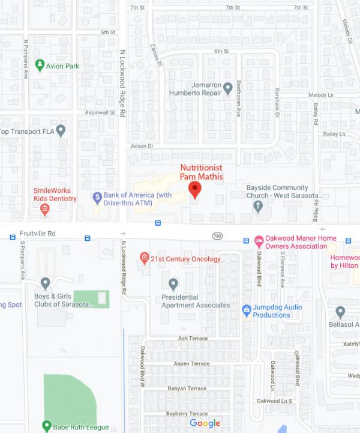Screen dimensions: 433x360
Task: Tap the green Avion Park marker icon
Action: click(40, 65)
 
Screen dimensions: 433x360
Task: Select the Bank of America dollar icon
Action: click(97, 196)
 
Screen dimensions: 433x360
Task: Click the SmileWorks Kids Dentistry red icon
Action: click(44, 209)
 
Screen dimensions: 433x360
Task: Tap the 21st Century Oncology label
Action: click(185, 259)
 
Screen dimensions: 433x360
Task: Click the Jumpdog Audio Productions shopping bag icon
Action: click(246, 310)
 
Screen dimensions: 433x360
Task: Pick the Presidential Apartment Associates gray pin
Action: click(173, 283)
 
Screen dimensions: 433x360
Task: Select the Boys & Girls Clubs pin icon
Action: click(45, 283)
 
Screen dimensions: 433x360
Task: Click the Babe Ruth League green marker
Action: click(46, 426)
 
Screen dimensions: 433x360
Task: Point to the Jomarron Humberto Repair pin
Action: click(227, 89)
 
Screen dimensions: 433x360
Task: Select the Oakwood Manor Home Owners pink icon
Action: click(259, 241)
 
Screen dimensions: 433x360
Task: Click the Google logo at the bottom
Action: click(205, 423)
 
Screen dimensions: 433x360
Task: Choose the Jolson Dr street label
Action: click(142, 146)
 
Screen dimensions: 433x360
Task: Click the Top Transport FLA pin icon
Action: click(61, 130)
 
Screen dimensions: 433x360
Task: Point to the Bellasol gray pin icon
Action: click(340, 312)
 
